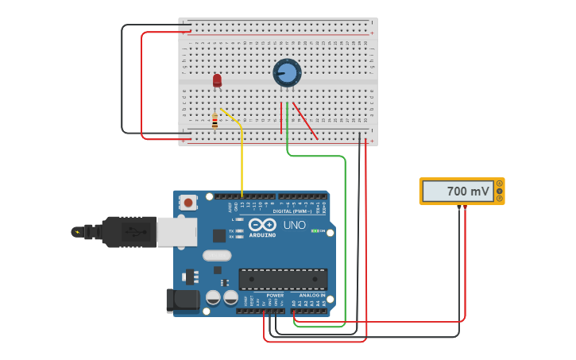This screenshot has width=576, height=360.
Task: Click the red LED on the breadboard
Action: (x=217, y=79)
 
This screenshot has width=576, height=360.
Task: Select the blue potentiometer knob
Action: (x=287, y=73)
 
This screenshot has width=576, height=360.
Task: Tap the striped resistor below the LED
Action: (x=215, y=121)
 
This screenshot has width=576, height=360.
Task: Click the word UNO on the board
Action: (x=295, y=225)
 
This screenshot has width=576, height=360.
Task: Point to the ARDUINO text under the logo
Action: (x=262, y=235)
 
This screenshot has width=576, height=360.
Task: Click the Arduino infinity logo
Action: (x=262, y=225)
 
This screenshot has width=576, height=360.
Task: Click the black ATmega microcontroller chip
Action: (x=283, y=280)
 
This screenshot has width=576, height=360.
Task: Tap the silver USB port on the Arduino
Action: (x=176, y=231)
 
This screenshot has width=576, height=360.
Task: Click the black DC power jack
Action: (x=181, y=300)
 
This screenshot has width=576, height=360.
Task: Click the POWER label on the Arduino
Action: (x=275, y=296)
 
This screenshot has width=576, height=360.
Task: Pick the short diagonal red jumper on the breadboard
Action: (x=305, y=121)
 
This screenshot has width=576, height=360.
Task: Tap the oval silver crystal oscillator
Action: (x=216, y=256)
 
